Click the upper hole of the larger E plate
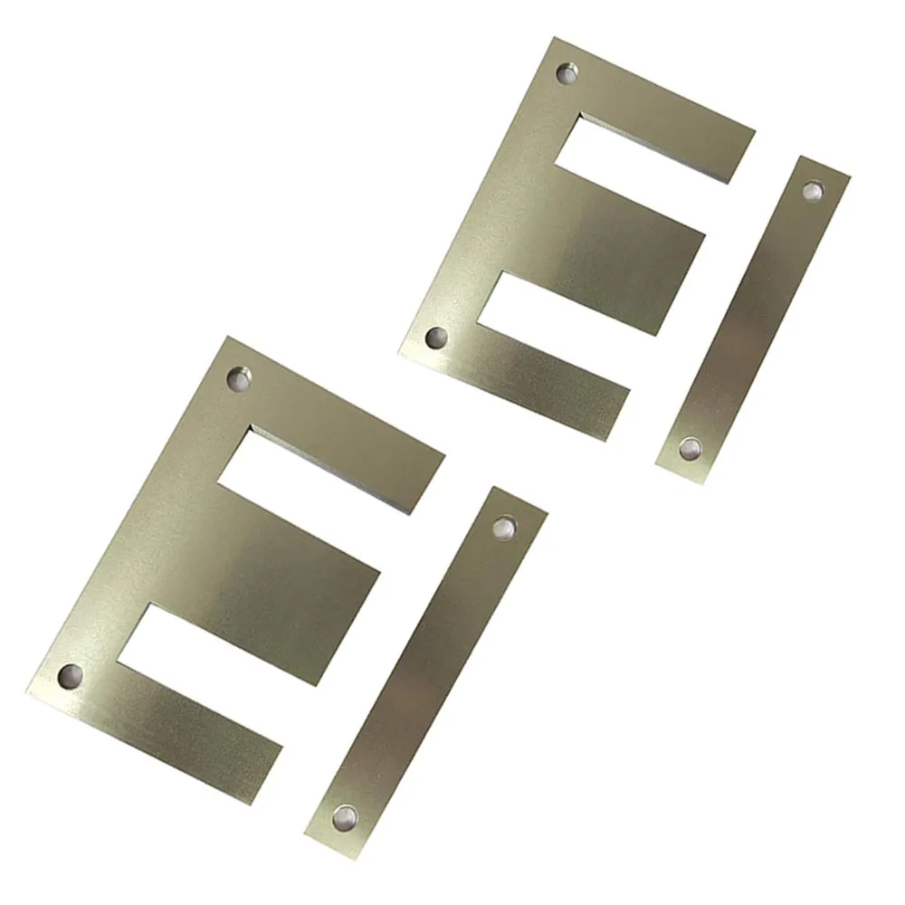tap(240, 378)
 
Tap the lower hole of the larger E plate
tap(70, 674)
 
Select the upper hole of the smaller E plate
tap(567, 72)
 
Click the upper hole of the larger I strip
tap(503, 527)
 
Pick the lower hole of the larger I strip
tap(345, 817)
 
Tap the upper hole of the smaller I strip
tap(813, 190)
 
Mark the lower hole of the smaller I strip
tap(691, 447)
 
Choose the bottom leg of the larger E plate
tap(190, 733)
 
